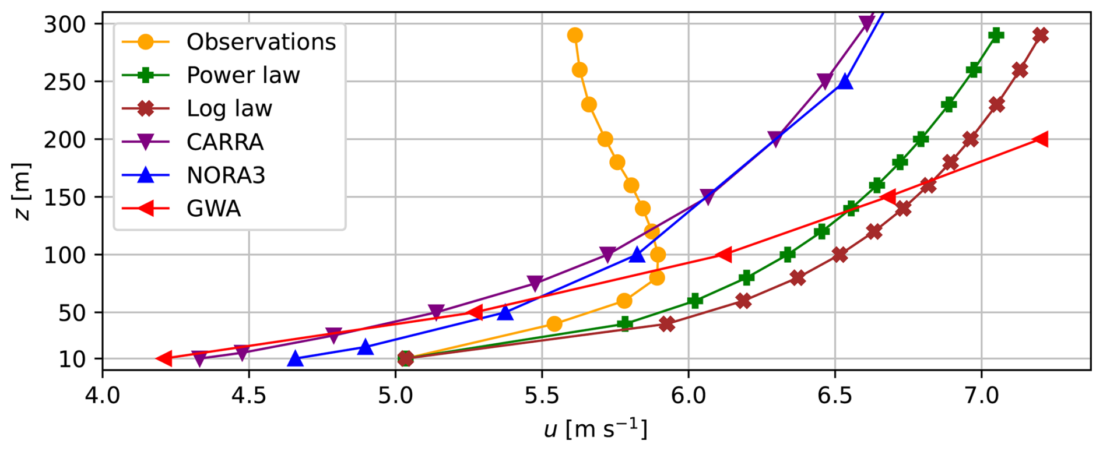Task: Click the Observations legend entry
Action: (x=261, y=42)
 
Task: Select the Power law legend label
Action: (x=243, y=75)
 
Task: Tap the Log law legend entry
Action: (x=229, y=108)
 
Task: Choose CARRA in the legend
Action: (x=224, y=142)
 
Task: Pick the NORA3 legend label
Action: (x=226, y=175)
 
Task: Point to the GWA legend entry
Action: (x=213, y=209)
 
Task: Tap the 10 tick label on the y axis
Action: (x=73, y=360)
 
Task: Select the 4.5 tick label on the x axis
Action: (x=249, y=396)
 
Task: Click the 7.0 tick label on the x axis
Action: (x=982, y=396)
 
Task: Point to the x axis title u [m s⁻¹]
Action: (x=595, y=430)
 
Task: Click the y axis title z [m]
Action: (x=22, y=192)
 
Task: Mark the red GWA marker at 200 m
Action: (x=1040, y=139)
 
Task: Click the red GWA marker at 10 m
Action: (x=164, y=359)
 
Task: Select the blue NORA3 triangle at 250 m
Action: (x=845, y=82)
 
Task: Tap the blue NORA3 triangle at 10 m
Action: (x=296, y=359)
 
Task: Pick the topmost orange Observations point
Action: (x=575, y=36)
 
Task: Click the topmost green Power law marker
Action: (x=996, y=36)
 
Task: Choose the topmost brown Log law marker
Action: (x=1040, y=36)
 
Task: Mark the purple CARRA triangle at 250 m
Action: (x=824, y=81)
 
